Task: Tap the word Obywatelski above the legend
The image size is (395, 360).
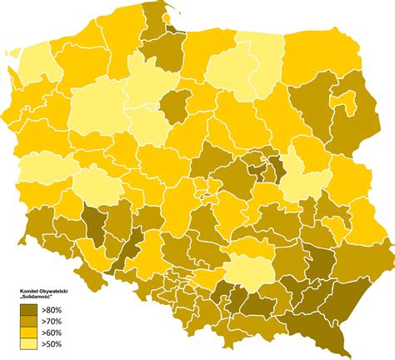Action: [57, 292]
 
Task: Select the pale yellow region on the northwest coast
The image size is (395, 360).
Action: [35, 67]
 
